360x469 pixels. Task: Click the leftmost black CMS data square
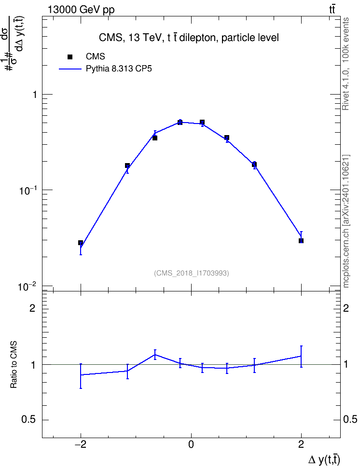(81, 243)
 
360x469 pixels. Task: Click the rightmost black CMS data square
(301, 241)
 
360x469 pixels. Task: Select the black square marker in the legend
(70, 57)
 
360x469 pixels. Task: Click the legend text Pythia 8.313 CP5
(119, 69)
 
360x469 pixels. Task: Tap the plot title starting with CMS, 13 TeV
(189, 38)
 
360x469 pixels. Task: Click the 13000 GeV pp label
(81, 10)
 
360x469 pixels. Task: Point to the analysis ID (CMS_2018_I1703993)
(192, 273)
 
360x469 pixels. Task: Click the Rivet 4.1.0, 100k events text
(346, 64)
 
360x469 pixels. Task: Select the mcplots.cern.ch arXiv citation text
(346, 221)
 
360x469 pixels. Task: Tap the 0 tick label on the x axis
(191, 444)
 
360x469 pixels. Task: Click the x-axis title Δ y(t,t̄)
(324, 460)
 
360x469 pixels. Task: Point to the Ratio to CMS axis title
(14, 365)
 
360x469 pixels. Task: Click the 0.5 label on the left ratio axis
(28, 420)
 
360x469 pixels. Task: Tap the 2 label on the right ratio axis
(346, 308)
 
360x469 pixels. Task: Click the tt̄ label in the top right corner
(332, 10)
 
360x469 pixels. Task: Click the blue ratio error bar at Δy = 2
(301, 357)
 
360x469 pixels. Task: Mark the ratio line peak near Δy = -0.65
(155, 355)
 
